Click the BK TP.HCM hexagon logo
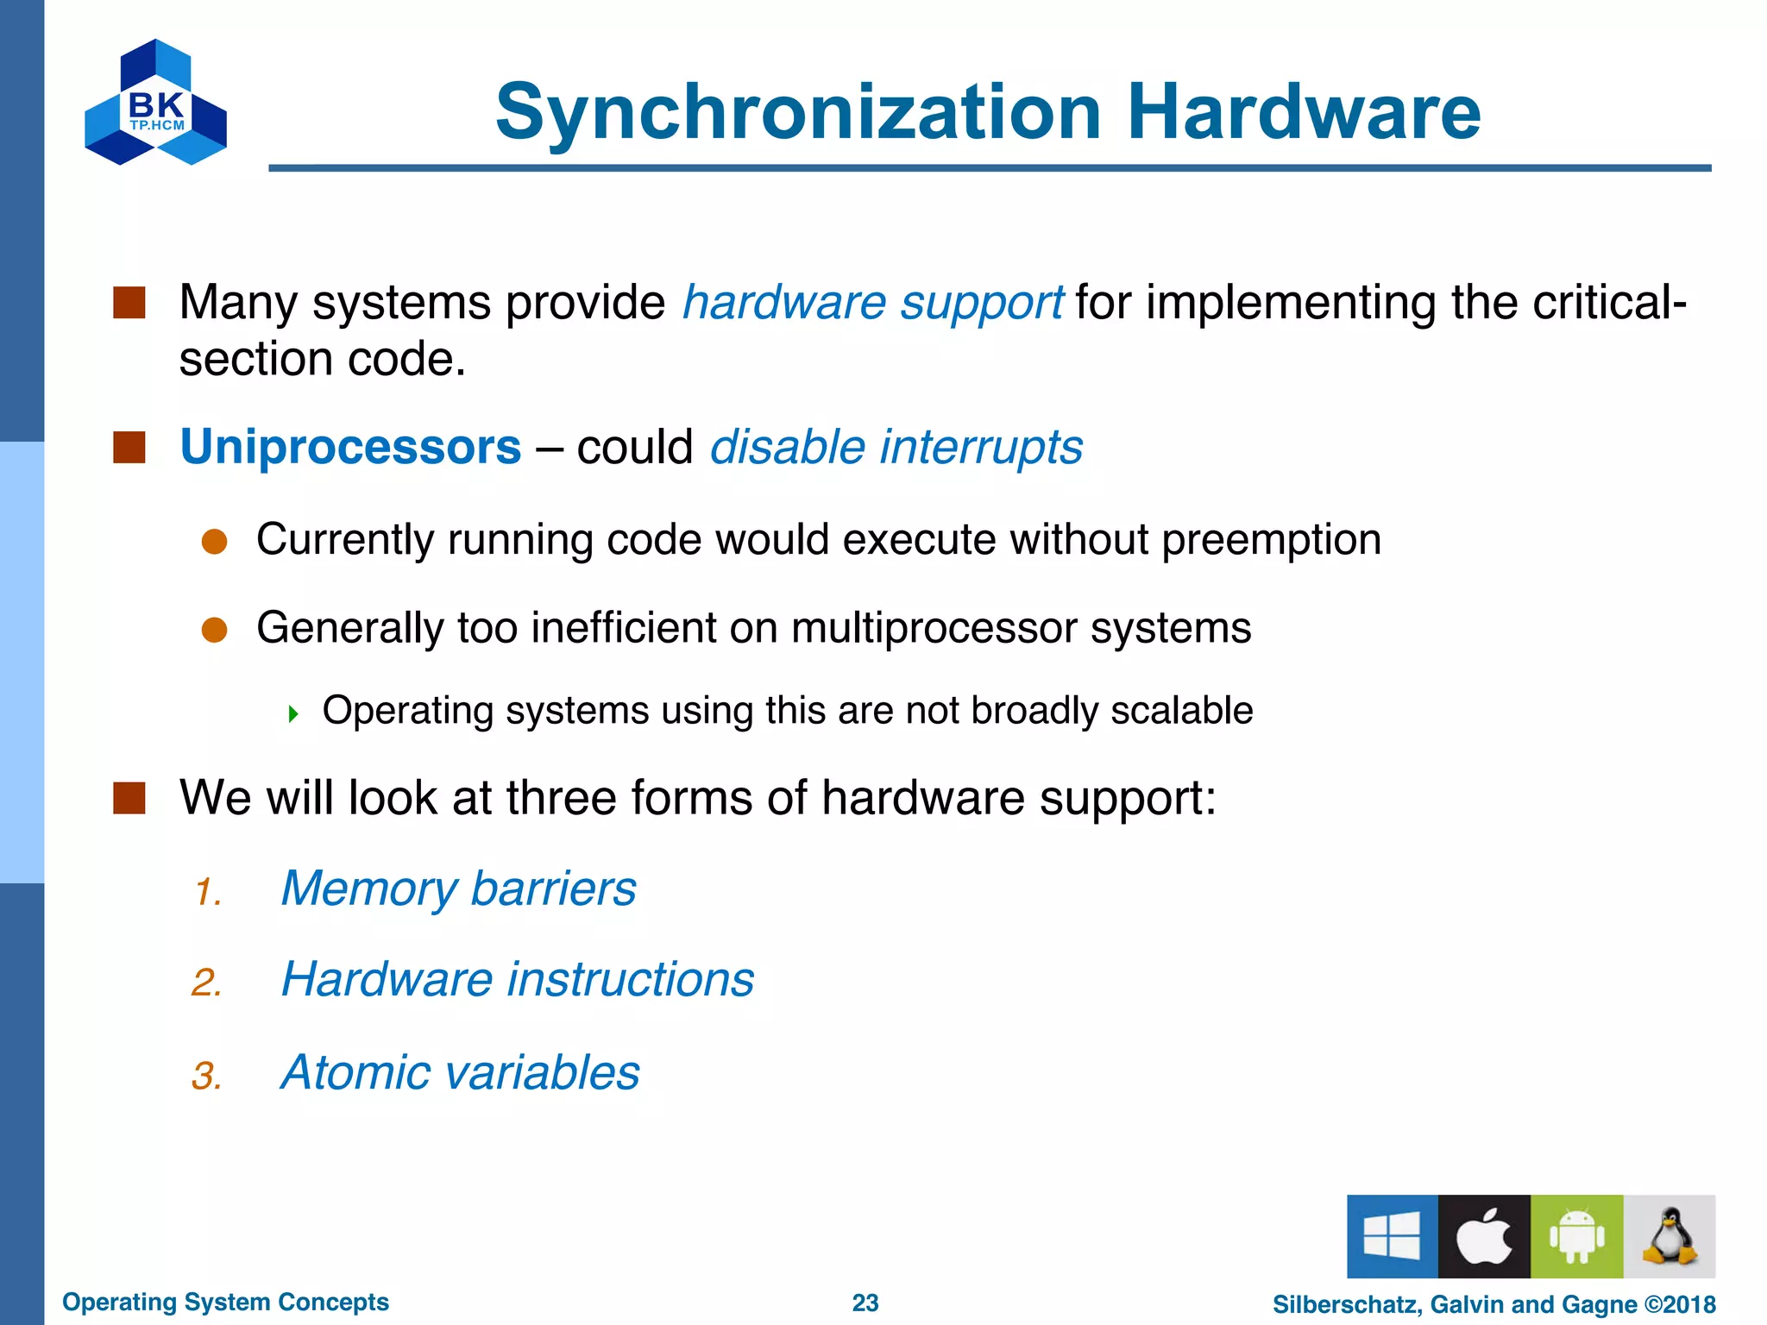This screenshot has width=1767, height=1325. click(x=155, y=102)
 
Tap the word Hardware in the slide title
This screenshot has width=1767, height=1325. click(x=1304, y=112)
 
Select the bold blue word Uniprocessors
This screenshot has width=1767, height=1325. click(x=350, y=447)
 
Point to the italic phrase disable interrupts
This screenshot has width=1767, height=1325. click(x=896, y=447)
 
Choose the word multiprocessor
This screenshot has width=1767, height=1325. click(x=934, y=627)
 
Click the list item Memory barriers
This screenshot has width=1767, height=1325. click(x=458, y=889)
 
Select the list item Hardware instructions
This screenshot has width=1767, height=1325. click(x=518, y=980)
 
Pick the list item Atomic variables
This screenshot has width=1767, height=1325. click(x=460, y=1072)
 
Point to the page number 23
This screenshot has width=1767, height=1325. click(x=865, y=1303)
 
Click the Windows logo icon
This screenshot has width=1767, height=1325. click(x=1392, y=1236)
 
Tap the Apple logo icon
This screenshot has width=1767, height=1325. click(x=1484, y=1236)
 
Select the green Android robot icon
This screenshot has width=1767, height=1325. click(x=1576, y=1236)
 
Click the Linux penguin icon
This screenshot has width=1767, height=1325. click(x=1670, y=1236)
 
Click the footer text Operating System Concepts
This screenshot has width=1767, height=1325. click(x=225, y=1302)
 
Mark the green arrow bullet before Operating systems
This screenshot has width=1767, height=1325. click(x=293, y=713)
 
